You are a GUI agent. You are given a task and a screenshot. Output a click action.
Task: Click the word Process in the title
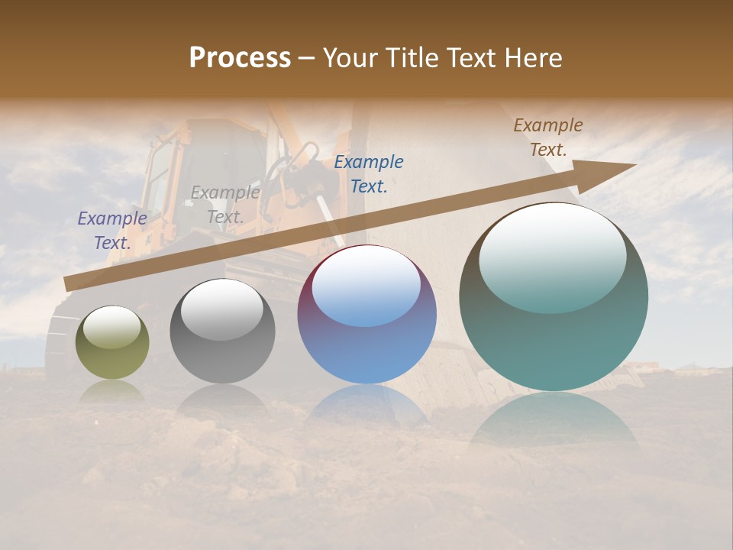[x=240, y=58]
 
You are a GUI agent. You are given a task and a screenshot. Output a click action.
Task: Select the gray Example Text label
[x=224, y=205]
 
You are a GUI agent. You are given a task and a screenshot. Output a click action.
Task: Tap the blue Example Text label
[x=369, y=173]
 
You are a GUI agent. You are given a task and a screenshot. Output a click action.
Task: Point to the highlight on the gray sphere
[x=222, y=309]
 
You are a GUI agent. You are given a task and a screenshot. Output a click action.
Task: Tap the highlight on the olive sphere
[x=112, y=328]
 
